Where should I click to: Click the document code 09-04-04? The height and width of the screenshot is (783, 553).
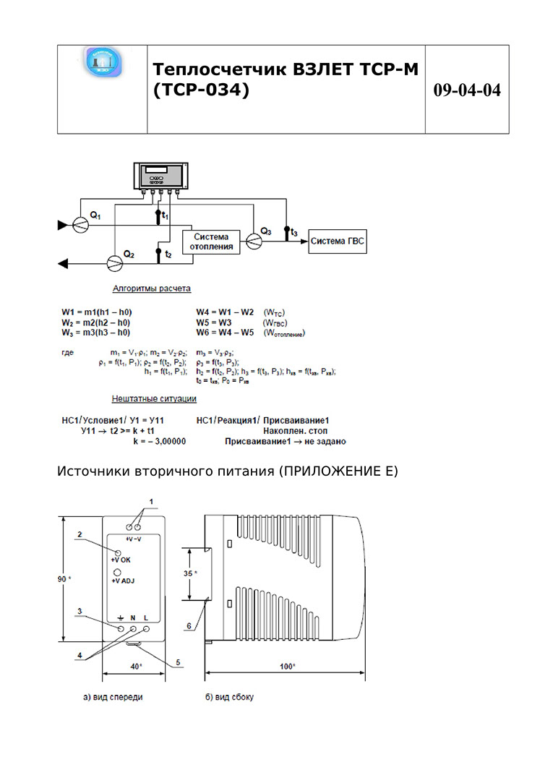point(467,90)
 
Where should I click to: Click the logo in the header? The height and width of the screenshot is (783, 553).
point(103,64)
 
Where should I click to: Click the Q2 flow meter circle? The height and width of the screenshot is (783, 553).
point(114,262)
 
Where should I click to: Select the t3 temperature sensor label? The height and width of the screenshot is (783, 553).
point(293,232)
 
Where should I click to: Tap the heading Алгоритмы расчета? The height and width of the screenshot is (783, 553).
point(151,288)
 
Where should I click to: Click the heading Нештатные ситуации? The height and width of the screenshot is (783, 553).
point(153,398)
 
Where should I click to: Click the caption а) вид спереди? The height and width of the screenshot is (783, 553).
point(112,698)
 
